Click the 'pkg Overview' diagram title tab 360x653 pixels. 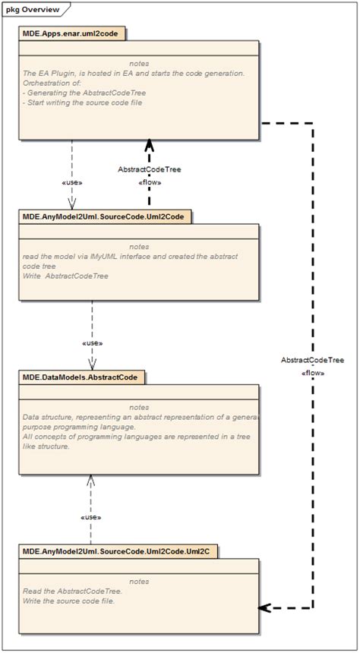click(x=33, y=9)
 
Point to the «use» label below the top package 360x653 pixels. click(x=71, y=183)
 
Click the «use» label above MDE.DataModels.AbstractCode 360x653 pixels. click(x=92, y=343)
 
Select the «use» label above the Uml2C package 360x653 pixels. click(x=91, y=516)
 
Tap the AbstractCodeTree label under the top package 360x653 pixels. click(x=150, y=169)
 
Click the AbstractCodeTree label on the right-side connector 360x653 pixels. click(x=313, y=360)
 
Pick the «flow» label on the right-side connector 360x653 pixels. click(x=313, y=373)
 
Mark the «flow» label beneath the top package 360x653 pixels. click(x=150, y=182)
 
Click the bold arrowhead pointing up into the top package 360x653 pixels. click(x=150, y=147)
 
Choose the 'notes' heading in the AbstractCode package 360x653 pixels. click(x=139, y=407)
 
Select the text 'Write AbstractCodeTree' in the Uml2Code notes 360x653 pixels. click(x=66, y=276)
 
